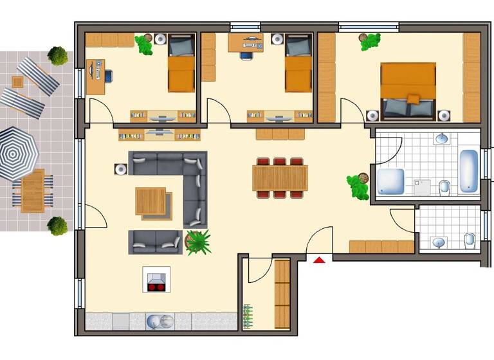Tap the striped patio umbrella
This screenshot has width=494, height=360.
(17, 153)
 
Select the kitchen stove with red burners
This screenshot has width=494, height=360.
(156, 281)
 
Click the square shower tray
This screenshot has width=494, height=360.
(390, 181)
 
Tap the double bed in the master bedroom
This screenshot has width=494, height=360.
(407, 91)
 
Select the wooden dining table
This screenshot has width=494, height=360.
(280, 178)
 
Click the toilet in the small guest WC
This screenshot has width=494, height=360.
(470, 240)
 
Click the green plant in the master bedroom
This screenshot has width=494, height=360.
(370, 42)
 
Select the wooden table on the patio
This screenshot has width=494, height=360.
(32, 190)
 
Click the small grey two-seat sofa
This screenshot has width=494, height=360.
(155, 241)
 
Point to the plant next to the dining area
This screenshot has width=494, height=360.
(358, 186)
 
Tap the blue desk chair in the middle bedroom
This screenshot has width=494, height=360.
(246, 54)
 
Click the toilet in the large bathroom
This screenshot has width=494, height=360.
(444, 187)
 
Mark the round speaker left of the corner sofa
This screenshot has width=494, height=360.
(120, 170)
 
